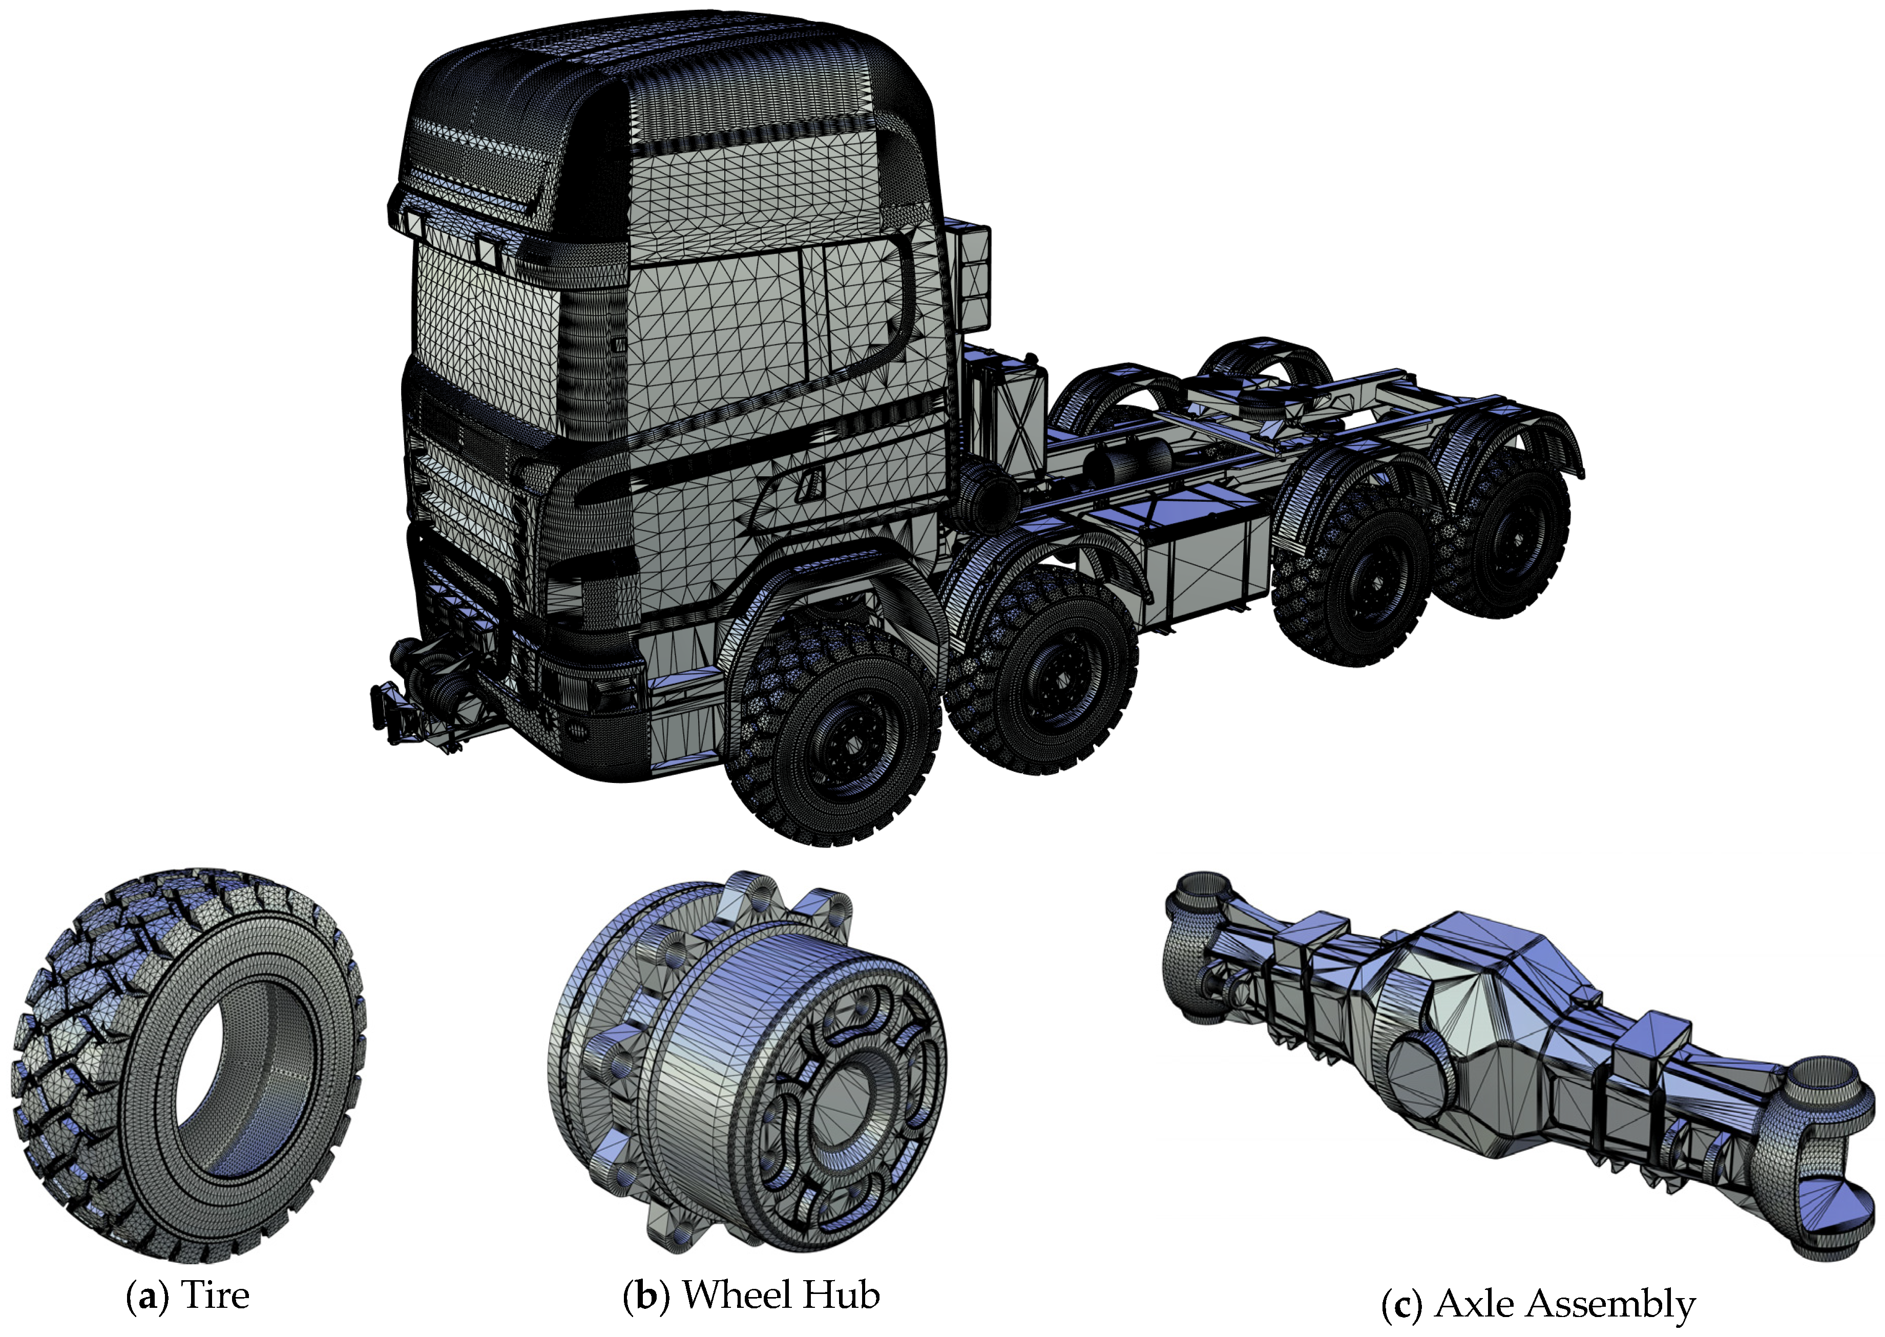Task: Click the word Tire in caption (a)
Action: [215, 1294]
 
